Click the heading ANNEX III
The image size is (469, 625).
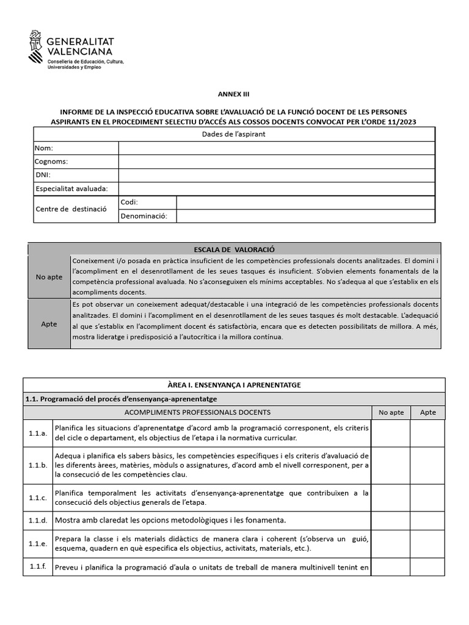click(x=234, y=94)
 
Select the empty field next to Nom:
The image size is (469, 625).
click(x=276, y=148)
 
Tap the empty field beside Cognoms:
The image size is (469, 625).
click(x=276, y=161)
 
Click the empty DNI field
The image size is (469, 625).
click(x=276, y=175)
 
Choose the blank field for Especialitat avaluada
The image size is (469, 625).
click(x=276, y=188)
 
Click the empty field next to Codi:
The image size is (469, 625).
click(x=305, y=202)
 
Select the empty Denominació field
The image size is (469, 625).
click(x=305, y=216)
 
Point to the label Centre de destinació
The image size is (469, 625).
click(x=71, y=209)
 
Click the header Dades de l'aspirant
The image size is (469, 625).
click(x=234, y=134)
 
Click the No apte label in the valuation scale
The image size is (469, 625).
click(x=49, y=276)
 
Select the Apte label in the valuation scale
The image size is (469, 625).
click(x=49, y=323)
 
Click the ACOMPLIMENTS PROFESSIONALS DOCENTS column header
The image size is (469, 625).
click(x=197, y=413)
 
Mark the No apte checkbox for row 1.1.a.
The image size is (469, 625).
click(x=390, y=433)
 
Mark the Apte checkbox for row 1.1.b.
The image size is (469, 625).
click(x=428, y=465)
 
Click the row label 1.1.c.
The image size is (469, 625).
click(x=37, y=497)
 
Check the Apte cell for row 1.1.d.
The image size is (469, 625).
click(x=428, y=520)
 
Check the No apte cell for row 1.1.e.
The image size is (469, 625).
click(x=390, y=543)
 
